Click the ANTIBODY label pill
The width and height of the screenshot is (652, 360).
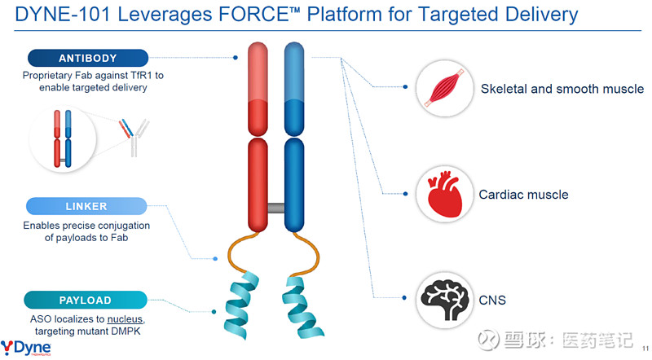click(88, 58)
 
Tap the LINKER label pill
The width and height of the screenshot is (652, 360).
click(88, 206)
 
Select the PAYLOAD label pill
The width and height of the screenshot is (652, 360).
click(88, 300)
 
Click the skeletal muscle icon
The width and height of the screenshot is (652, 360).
click(444, 89)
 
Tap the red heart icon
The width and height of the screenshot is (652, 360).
click(444, 195)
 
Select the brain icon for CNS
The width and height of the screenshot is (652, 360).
click(444, 300)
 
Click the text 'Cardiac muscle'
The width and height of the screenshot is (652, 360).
click(523, 195)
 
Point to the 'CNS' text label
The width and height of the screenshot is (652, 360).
click(492, 301)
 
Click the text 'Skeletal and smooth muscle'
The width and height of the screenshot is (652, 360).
click(562, 89)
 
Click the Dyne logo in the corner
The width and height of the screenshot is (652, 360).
click(27, 347)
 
